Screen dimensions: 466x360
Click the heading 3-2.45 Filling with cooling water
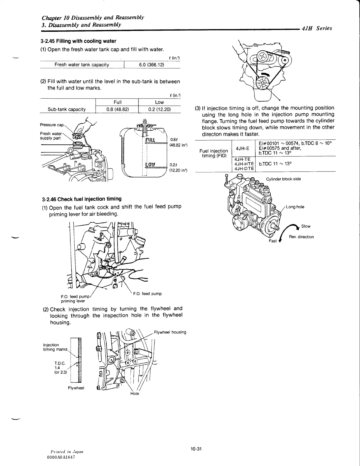[78, 41]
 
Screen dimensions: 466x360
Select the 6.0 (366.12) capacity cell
[151, 65]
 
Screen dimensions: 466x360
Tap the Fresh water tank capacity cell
[82, 65]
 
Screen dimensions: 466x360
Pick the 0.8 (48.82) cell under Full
[118, 109]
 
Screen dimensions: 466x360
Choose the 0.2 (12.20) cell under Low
[160, 109]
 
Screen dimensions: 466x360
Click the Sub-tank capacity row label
[67, 109]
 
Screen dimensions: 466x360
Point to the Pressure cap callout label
[52, 125]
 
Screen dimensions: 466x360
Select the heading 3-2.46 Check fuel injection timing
[82, 199]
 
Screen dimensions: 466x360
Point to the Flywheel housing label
[170, 332]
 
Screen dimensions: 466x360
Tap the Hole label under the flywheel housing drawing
[135, 394]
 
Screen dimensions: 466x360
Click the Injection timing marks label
[55, 347]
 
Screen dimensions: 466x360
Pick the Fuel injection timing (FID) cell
[214, 153]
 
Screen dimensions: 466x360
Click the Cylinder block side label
[283, 179]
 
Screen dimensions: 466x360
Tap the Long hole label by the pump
[295, 207]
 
